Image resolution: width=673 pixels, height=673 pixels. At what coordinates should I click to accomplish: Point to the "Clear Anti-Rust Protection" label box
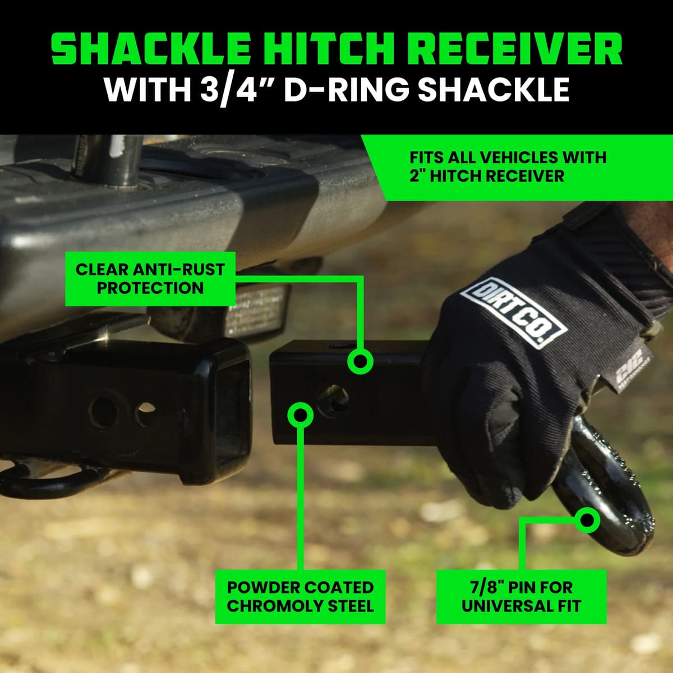150,279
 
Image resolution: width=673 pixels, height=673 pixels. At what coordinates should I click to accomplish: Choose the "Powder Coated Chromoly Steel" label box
300,597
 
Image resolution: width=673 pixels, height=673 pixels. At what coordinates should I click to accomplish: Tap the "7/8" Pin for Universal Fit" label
521,597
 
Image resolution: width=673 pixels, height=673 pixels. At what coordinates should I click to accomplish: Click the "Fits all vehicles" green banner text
508,166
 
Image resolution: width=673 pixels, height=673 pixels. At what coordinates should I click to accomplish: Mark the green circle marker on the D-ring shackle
588,520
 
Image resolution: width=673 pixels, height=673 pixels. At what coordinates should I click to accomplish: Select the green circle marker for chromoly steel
301,414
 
